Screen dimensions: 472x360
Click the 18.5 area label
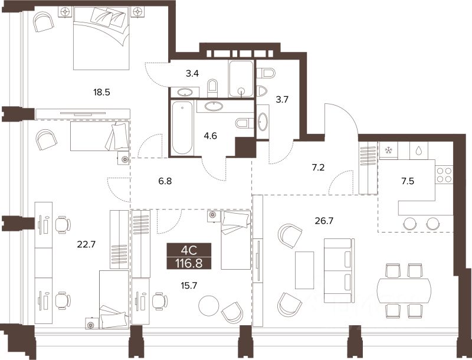(101, 93)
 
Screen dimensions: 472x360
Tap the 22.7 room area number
(86, 244)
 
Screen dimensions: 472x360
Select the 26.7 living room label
(324, 221)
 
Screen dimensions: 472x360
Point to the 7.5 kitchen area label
(408, 181)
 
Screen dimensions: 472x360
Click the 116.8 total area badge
(189, 264)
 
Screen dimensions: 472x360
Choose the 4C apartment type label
(189, 250)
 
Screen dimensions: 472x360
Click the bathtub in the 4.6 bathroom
(182, 128)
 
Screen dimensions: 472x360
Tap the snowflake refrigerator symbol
(388, 150)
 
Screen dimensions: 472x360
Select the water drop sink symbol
(418, 150)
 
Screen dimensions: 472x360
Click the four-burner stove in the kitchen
(444, 175)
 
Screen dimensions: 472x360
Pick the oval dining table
(404, 290)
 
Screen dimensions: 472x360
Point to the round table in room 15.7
(209, 306)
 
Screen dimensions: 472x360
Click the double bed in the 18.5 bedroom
(101, 38)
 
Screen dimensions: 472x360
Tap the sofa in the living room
(339, 271)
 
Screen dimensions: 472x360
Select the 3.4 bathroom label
(192, 73)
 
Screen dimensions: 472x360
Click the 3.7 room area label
(282, 99)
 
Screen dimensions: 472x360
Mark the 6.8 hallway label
(165, 181)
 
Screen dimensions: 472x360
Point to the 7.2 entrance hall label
(318, 168)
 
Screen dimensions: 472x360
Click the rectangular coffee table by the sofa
(304, 270)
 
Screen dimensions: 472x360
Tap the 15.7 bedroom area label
(189, 285)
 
